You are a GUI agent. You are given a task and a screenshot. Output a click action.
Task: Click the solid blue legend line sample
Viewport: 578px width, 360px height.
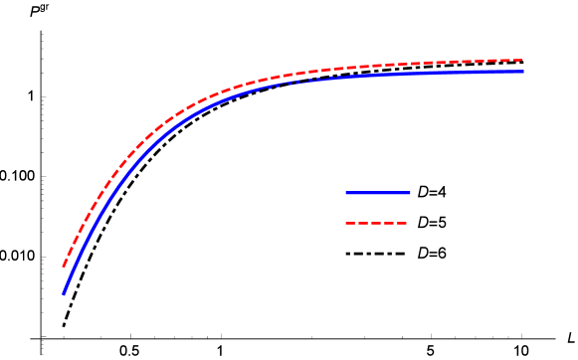(x=378, y=193)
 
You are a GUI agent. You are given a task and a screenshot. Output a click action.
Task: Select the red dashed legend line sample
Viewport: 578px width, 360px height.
(x=376, y=223)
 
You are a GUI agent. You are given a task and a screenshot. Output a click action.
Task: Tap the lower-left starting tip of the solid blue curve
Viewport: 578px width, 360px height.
(x=64, y=293)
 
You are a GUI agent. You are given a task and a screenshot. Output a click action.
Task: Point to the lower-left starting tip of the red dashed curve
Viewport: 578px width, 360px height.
(x=64, y=266)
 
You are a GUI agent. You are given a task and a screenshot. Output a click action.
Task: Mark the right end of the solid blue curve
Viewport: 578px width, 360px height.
(x=522, y=71)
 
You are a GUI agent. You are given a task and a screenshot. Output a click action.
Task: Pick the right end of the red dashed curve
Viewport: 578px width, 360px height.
(x=522, y=60)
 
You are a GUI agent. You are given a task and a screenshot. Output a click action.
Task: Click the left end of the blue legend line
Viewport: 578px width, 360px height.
(x=346, y=193)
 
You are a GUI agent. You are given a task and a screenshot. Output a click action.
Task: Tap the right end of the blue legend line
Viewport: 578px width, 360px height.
(x=410, y=193)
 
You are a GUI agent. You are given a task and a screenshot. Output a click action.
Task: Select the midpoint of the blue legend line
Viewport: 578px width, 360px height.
(x=378, y=193)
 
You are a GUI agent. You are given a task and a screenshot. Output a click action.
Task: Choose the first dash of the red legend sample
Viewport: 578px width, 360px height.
(x=350, y=223)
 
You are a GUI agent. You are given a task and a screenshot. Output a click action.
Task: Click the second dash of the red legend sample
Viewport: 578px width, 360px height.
(x=363, y=223)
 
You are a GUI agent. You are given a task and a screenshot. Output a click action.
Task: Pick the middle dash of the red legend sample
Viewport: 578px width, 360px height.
(x=376, y=223)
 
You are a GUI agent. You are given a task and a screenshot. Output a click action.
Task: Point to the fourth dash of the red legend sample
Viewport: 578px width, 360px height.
(x=389, y=223)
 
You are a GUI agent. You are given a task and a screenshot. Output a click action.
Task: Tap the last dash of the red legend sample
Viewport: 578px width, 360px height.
(x=402, y=223)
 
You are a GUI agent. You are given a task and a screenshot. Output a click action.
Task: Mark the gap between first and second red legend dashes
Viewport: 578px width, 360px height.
(x=356, y=223)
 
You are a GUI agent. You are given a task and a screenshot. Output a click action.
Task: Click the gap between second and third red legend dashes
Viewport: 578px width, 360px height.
(x=370, y=223)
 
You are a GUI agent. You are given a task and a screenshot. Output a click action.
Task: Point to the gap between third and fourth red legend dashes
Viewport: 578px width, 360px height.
(x=382, y=223)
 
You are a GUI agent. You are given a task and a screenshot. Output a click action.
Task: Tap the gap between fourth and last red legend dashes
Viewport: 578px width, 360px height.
(x=396, y=223)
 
